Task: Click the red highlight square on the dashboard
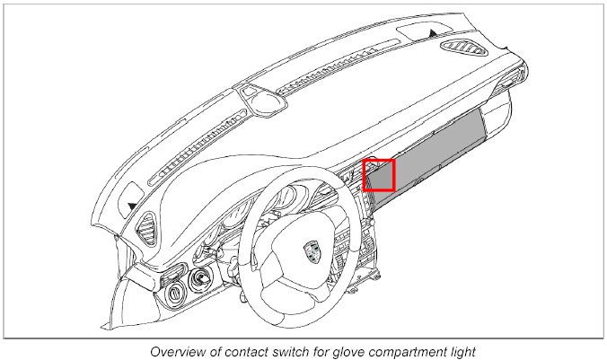379,175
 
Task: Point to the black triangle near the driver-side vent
133,206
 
